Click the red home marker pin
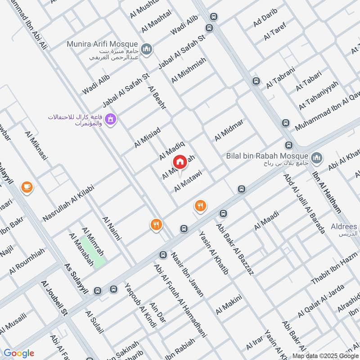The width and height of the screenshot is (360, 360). coord(180,162)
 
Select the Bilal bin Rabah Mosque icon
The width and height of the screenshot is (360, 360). coord(317,157)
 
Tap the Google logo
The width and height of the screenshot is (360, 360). coord(19,353)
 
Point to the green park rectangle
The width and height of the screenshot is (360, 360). coord(94,252)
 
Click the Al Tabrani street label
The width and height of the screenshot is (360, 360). coord(280,77)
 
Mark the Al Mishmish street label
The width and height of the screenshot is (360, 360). coord(189,70)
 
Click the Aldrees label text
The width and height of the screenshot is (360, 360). coord(344,227)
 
